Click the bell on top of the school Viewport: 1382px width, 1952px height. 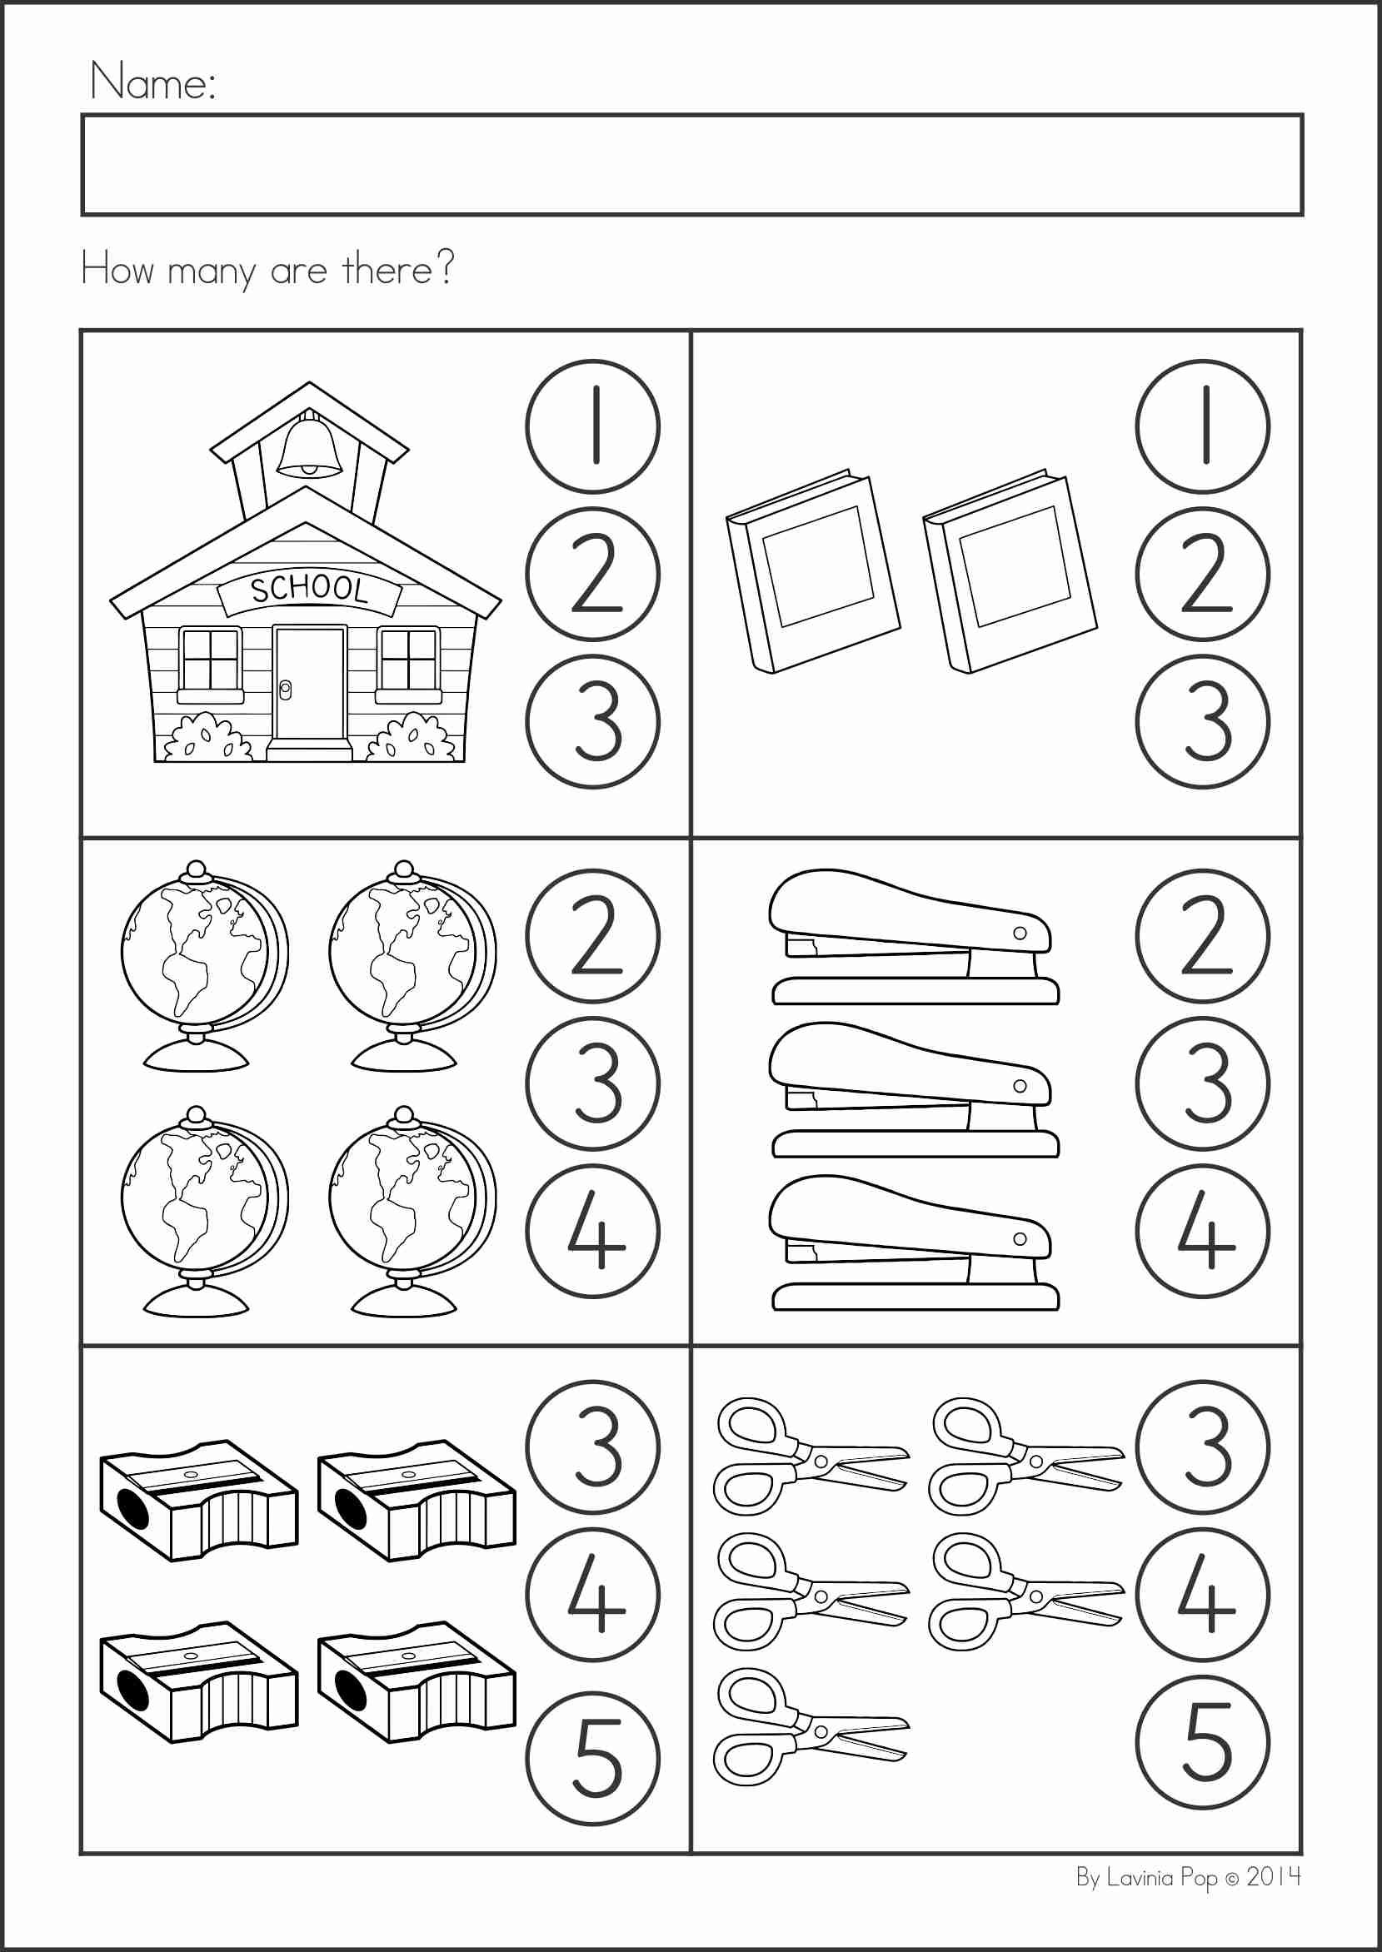(309, 446)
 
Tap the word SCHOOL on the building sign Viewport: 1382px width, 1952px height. (309, 589)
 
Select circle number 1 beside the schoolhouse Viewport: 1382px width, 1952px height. (592, 426)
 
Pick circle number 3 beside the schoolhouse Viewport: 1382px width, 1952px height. (592, 721)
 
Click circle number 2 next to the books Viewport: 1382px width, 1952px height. (1202, 573)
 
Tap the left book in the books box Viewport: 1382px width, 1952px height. (813, 571)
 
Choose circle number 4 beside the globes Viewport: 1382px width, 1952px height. (592, 1231)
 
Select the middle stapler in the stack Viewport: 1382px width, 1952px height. (913, 1090)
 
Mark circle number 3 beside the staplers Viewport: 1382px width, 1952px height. (1202, 1083)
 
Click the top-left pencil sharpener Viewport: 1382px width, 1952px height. (199, 1501)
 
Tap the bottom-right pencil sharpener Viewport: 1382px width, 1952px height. (417, 1681)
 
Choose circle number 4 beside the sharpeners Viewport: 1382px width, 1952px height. (592, 1595)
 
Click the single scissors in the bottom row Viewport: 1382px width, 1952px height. (808, 1727)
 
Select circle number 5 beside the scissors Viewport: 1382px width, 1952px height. (1202, 1742)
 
